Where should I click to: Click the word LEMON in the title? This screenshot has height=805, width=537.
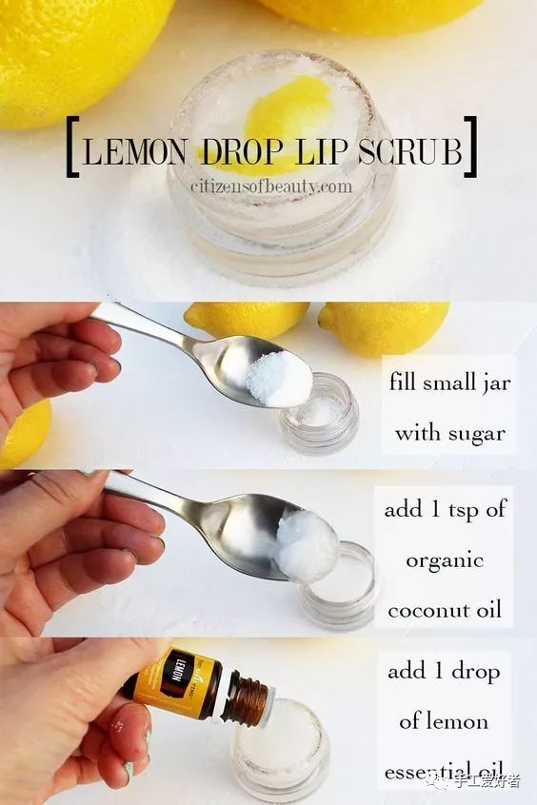point(133,150)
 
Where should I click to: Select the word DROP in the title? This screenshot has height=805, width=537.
point(242,150)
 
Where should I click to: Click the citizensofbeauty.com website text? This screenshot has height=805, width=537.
point(271,186)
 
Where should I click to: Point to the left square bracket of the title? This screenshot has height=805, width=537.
point(72,147)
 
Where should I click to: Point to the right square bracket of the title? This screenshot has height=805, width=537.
point(470,147)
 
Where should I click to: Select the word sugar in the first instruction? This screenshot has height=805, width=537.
point(476,434)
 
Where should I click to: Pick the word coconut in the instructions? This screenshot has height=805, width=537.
point(425,611)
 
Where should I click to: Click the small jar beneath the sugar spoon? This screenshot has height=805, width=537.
point(320,413)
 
